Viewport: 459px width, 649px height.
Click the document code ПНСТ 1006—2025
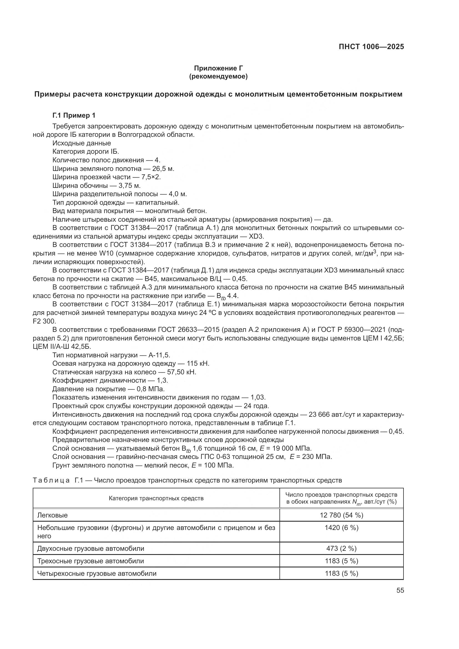pos(371,47)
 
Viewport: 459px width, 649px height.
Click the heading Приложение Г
pos(218,68)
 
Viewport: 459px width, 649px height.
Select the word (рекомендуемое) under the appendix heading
pos(218,76)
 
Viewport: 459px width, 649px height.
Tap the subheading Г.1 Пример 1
pos(74,115)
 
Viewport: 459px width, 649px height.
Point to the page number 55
pos(400,590)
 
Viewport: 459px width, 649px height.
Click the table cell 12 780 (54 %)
pos(341,515)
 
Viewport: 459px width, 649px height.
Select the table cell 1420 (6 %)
pos(341,528)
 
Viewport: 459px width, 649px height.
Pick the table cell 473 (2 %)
pos(341,548)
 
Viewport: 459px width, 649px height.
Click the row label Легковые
pos(52,515)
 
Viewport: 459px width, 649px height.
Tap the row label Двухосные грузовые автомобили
pos(91,548)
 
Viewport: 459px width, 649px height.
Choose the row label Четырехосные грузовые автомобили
pos(97,573)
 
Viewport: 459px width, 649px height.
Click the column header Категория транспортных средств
pos(156,498)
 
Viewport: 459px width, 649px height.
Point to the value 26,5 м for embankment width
pos(163,169)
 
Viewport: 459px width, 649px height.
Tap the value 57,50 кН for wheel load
pos(181,372)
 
